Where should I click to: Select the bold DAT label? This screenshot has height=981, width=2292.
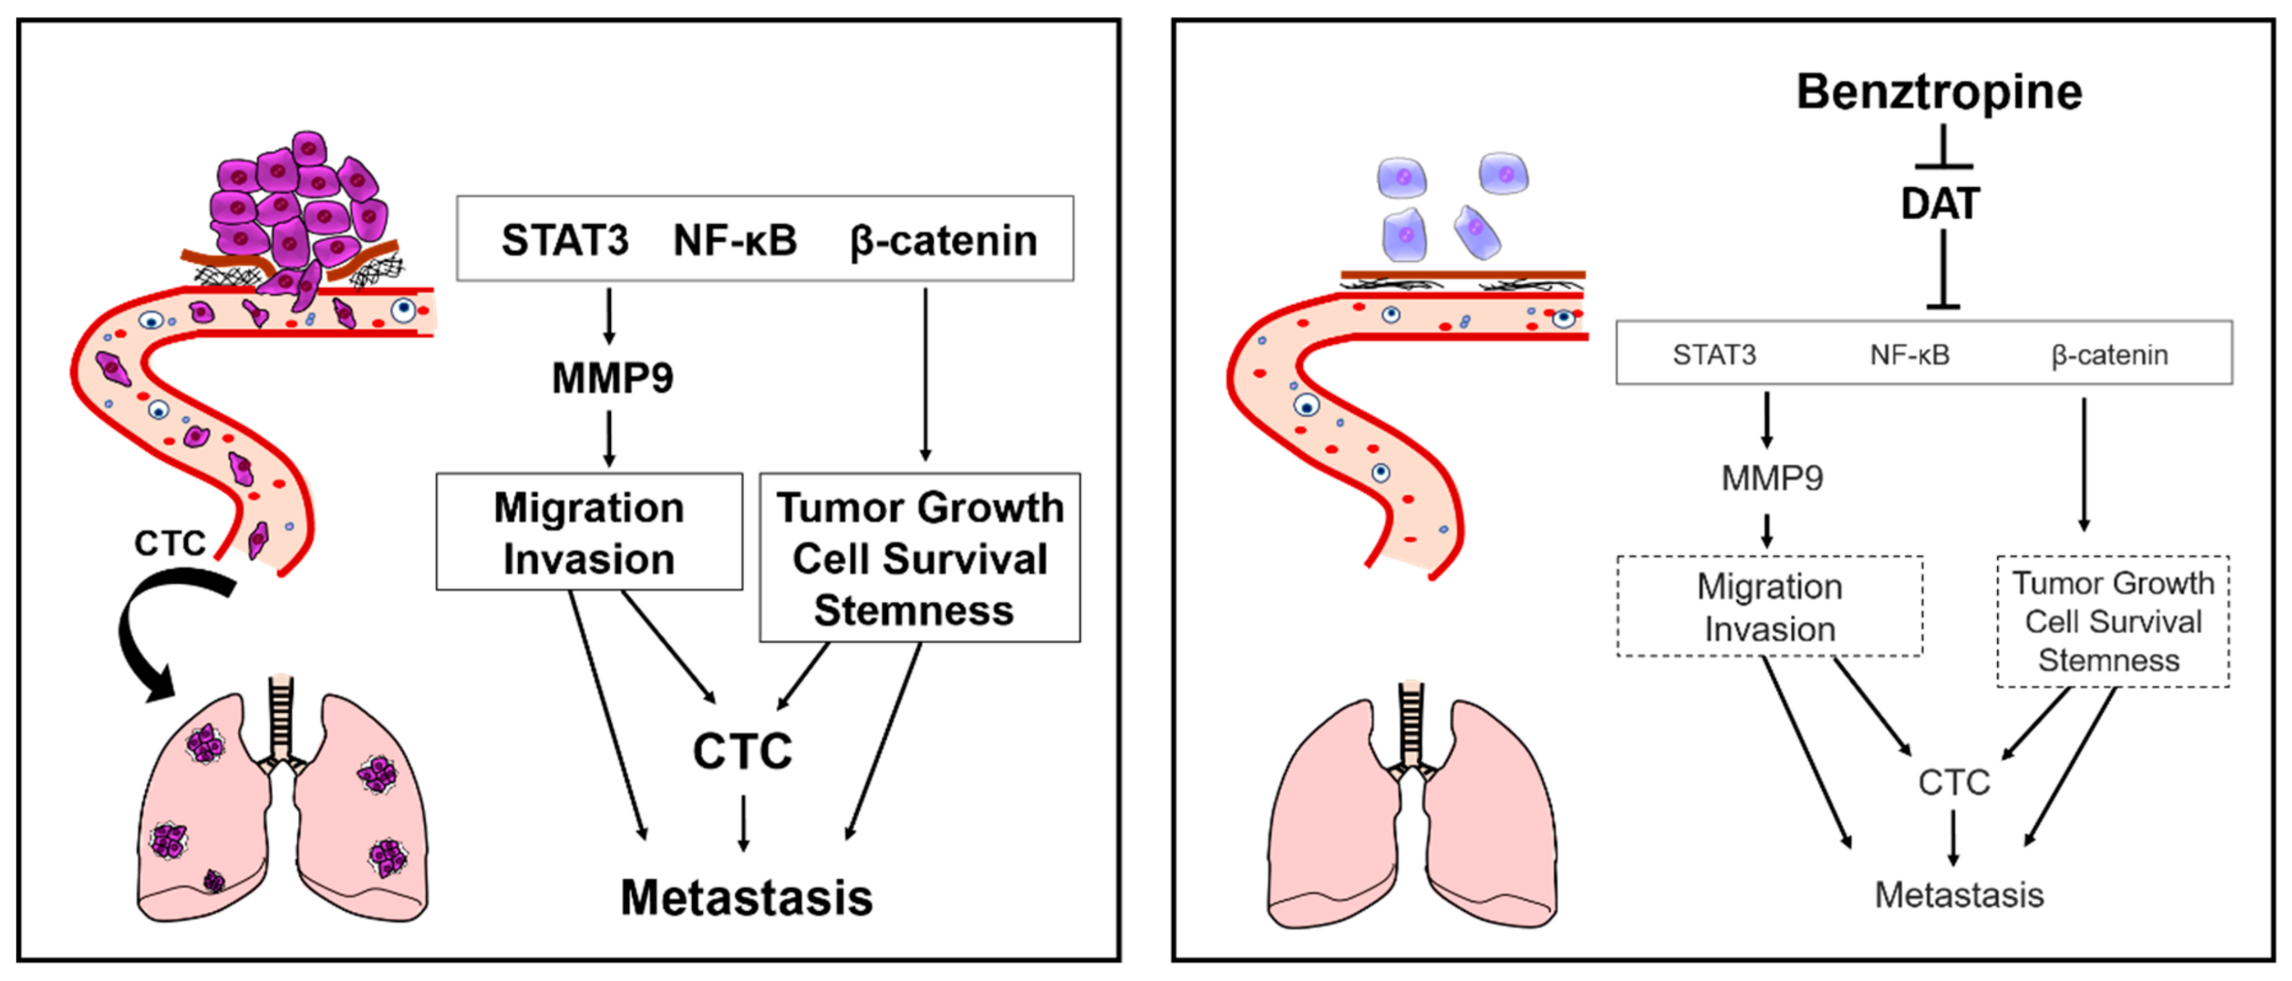click(x=1939, y=204)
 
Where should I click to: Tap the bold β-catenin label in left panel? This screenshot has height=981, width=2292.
click(x=943, y=240)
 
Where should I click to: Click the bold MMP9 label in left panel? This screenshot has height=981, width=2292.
click(x=612, y=378)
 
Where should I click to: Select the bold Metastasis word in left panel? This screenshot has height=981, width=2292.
click(x=746, y=898)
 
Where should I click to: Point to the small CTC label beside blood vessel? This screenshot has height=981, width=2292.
click(x=169, y=543)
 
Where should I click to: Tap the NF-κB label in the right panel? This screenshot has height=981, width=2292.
click(x=1909, y=355)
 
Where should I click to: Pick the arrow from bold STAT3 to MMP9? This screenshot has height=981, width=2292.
click(x=609, y=316)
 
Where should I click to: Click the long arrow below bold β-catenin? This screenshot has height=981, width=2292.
click(x=926, y=374)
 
